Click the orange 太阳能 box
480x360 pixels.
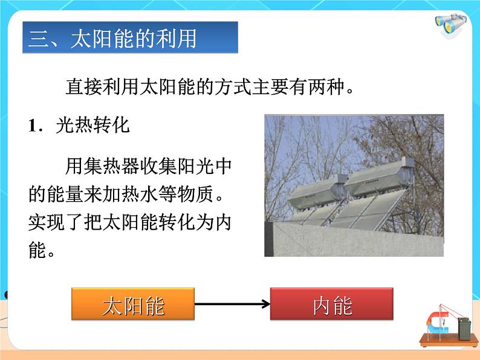(x=134, y=304)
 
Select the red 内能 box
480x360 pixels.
(x=332, y=304)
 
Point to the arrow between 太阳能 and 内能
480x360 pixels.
(x=233, y=304)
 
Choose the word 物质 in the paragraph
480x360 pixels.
(x=199, y=194)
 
